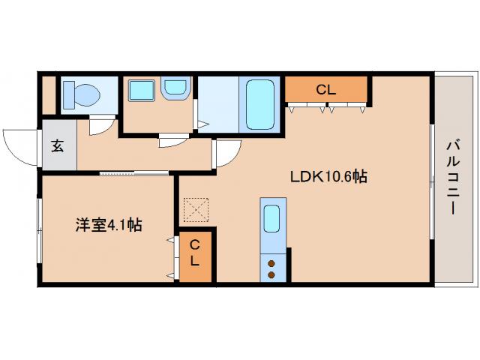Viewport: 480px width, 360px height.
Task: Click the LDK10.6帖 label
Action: [328, 177]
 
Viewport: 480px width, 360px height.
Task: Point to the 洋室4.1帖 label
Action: [108, 223]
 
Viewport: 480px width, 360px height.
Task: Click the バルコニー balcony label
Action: [453, 178]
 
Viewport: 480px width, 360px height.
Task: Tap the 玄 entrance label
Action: [58, 145]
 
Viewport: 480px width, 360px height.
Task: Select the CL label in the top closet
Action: [325, 89]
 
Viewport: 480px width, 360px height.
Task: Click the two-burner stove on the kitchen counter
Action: [271, 268]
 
